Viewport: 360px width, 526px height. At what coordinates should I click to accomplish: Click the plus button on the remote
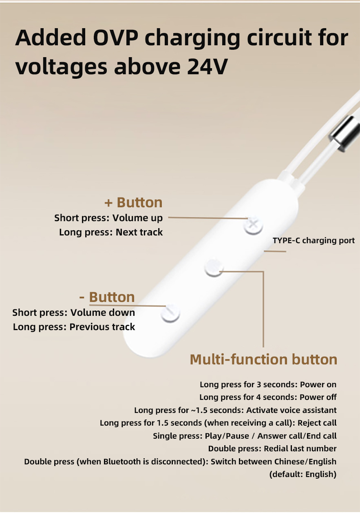(x=253, y=225)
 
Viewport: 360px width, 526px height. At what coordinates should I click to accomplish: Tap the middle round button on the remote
(x=214, y=268)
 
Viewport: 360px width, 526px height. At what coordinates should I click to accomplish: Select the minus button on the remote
(x=170, y=313)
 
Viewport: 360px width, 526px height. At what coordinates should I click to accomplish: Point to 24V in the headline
(x=208, y=67)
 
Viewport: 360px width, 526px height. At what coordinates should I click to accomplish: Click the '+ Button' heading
(x=134, y=202)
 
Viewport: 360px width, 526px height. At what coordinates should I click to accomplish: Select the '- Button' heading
(x=107, y=297)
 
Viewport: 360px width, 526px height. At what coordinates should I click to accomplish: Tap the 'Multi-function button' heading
(x=263, y=360)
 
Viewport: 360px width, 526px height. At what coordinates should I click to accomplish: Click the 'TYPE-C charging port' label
(x=314, y=240)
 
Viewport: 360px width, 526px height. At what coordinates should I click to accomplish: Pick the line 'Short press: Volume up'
(x=108, y=218)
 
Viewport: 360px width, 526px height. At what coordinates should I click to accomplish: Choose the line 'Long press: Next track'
(x=111, y=232)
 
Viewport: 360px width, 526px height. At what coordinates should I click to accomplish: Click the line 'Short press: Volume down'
(x=74, y=313)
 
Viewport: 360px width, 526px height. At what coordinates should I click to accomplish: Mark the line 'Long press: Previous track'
(x=74, y=327)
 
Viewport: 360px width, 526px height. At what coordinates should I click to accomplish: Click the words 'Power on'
(x=318, y=384)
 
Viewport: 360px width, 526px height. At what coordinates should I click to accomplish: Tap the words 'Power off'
(x=318, y=397)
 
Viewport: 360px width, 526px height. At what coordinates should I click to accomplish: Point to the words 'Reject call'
(x=317, y=423)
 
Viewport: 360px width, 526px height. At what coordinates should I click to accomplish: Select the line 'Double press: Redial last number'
(x=272, y=448)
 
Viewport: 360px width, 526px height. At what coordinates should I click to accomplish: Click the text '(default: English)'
(x=303, y=474)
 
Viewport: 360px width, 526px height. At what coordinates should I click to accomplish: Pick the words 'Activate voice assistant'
(x=291, y=410)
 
